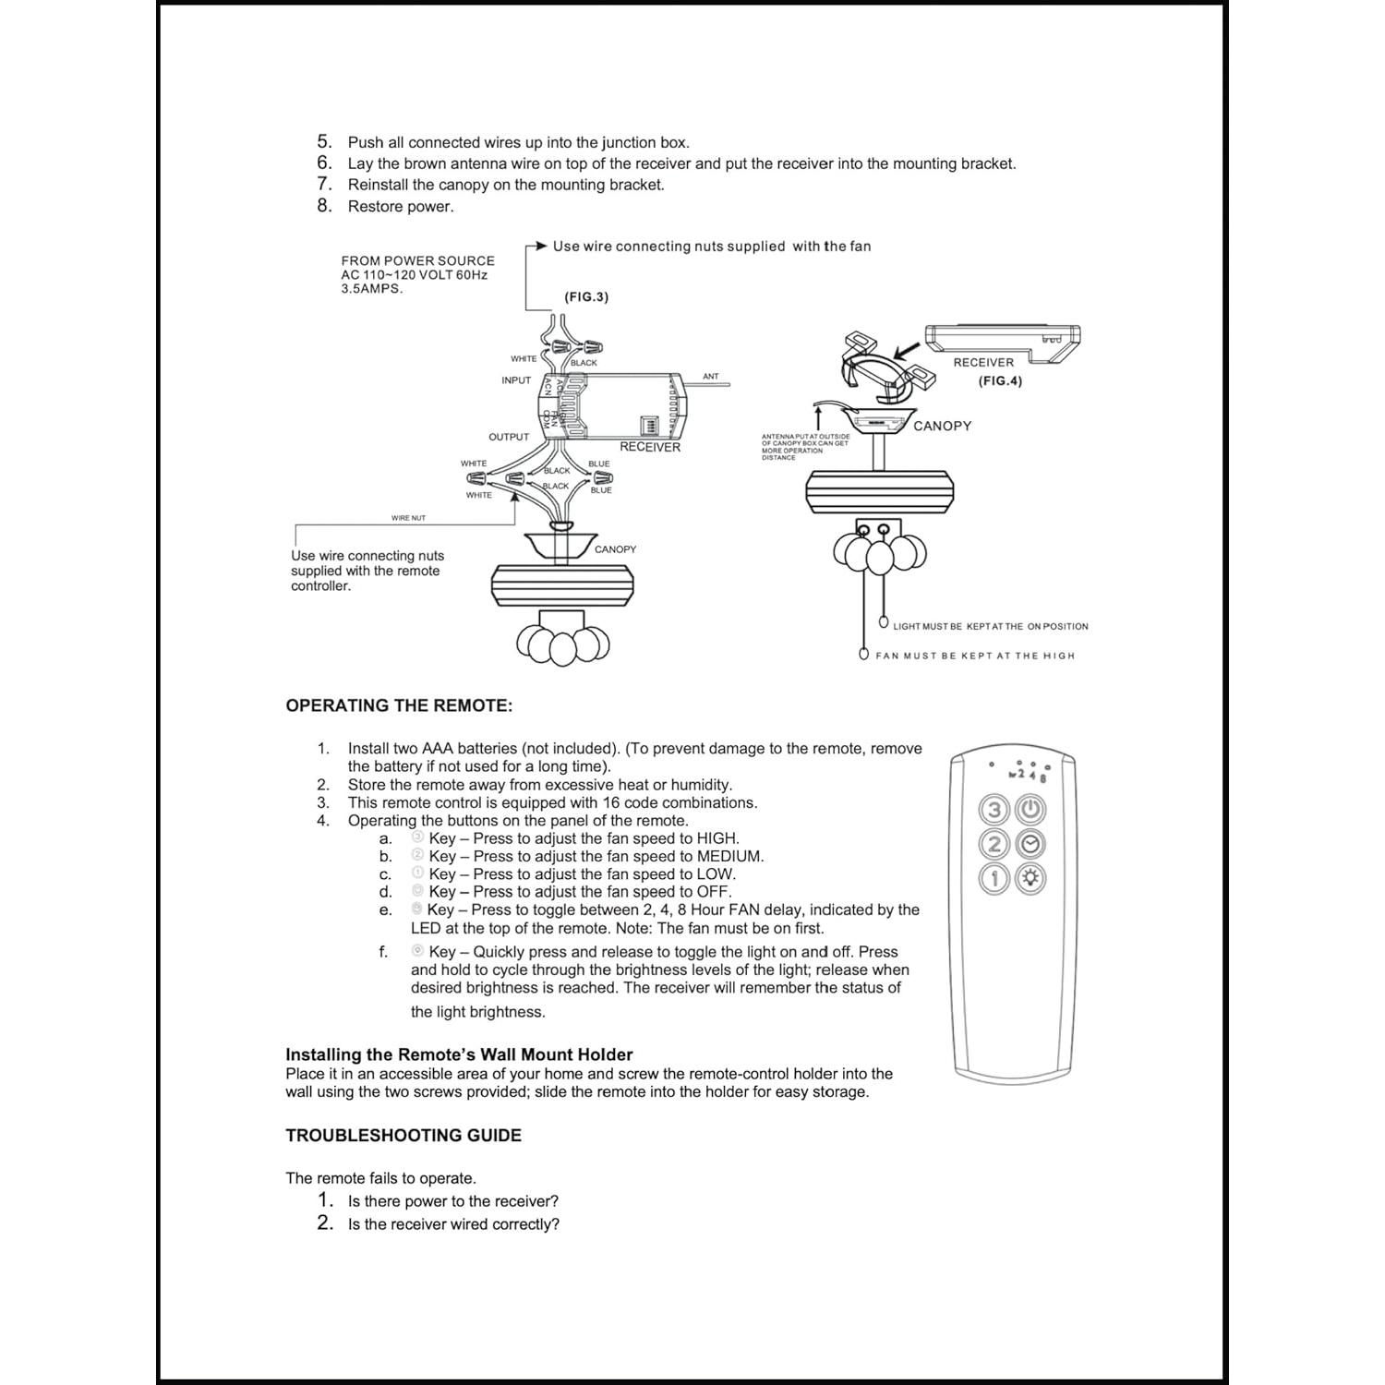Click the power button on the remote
[1030, 811]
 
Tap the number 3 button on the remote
[994, 811]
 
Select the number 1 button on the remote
[994, 878]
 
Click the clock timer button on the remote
[1030, 845]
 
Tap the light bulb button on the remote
[1030, 878]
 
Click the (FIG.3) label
[586, 297]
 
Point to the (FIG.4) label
[1000, 380]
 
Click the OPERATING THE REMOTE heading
[399, 705]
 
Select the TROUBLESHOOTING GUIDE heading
[403, 1136]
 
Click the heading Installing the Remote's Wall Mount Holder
[459, 1054]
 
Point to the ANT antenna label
[710, 377]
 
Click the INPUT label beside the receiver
[516, 380]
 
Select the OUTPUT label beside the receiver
[509, 437]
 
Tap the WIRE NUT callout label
[408, 518]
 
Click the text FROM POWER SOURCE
[417, 261]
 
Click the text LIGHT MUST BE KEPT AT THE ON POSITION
[990, 626]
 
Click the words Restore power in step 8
[401, 207]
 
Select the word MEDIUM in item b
[729, 856]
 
